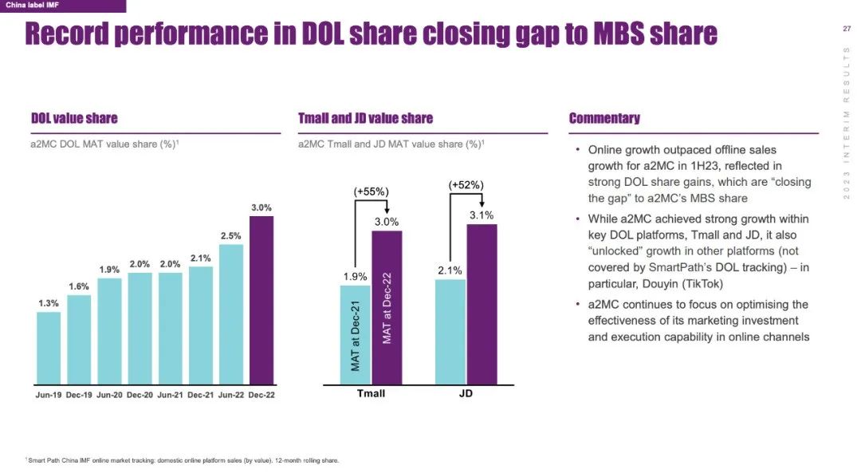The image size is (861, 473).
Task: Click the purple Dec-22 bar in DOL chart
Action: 261,300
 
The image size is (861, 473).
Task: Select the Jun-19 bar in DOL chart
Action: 49,348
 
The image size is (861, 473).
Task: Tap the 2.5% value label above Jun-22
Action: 231,236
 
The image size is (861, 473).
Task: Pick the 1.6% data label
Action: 79,286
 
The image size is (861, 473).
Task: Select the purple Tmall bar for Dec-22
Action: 387,307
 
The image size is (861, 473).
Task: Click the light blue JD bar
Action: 450,331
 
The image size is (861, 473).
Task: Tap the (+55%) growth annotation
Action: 371,191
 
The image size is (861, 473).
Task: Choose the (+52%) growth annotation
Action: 466,185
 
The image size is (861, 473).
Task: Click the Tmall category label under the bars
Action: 371,394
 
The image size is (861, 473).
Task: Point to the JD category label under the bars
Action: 466,394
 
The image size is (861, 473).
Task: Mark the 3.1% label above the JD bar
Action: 482,215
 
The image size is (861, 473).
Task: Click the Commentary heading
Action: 604,118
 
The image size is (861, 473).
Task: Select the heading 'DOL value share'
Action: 74,118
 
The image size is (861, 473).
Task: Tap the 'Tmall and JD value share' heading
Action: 365,118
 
